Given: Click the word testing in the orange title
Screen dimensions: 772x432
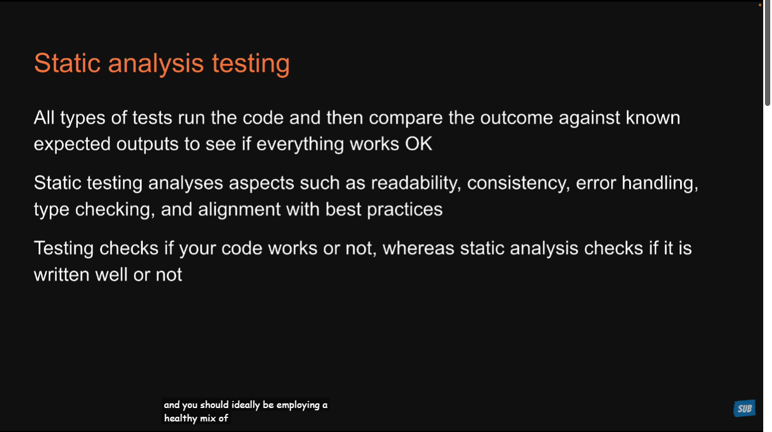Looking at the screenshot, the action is tap(251, 63).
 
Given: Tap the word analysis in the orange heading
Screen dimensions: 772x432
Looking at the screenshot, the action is tap(156, 63).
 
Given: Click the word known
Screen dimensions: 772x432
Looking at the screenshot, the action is tap(653, 118).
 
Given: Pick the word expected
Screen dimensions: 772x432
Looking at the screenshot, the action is tap(72, 145).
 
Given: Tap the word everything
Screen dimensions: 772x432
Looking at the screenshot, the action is tap(300, 145).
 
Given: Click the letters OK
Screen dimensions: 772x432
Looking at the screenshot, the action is tap(418, 143).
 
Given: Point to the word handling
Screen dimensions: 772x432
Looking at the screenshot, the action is tap(660, 183).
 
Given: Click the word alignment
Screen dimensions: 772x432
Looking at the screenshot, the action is tap(239, 210).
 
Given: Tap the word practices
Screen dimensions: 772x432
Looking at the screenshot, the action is tap(405, 210).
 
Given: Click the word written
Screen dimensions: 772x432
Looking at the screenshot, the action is tap(62, 275).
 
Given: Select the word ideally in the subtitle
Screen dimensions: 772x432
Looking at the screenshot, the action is tap(246, 405).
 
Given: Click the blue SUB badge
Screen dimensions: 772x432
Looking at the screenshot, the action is tap(744, 409).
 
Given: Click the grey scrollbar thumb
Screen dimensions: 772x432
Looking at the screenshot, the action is tap(767, 53).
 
